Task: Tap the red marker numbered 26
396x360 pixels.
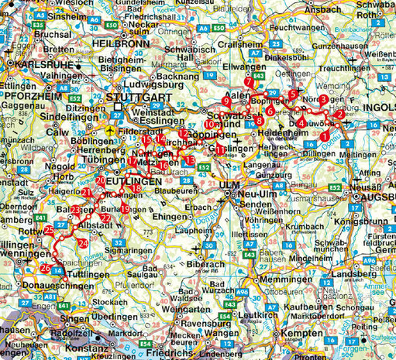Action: pos(46,268)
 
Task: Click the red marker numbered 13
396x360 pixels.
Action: pos(191,159)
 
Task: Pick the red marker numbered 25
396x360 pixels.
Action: pos(49,230)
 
